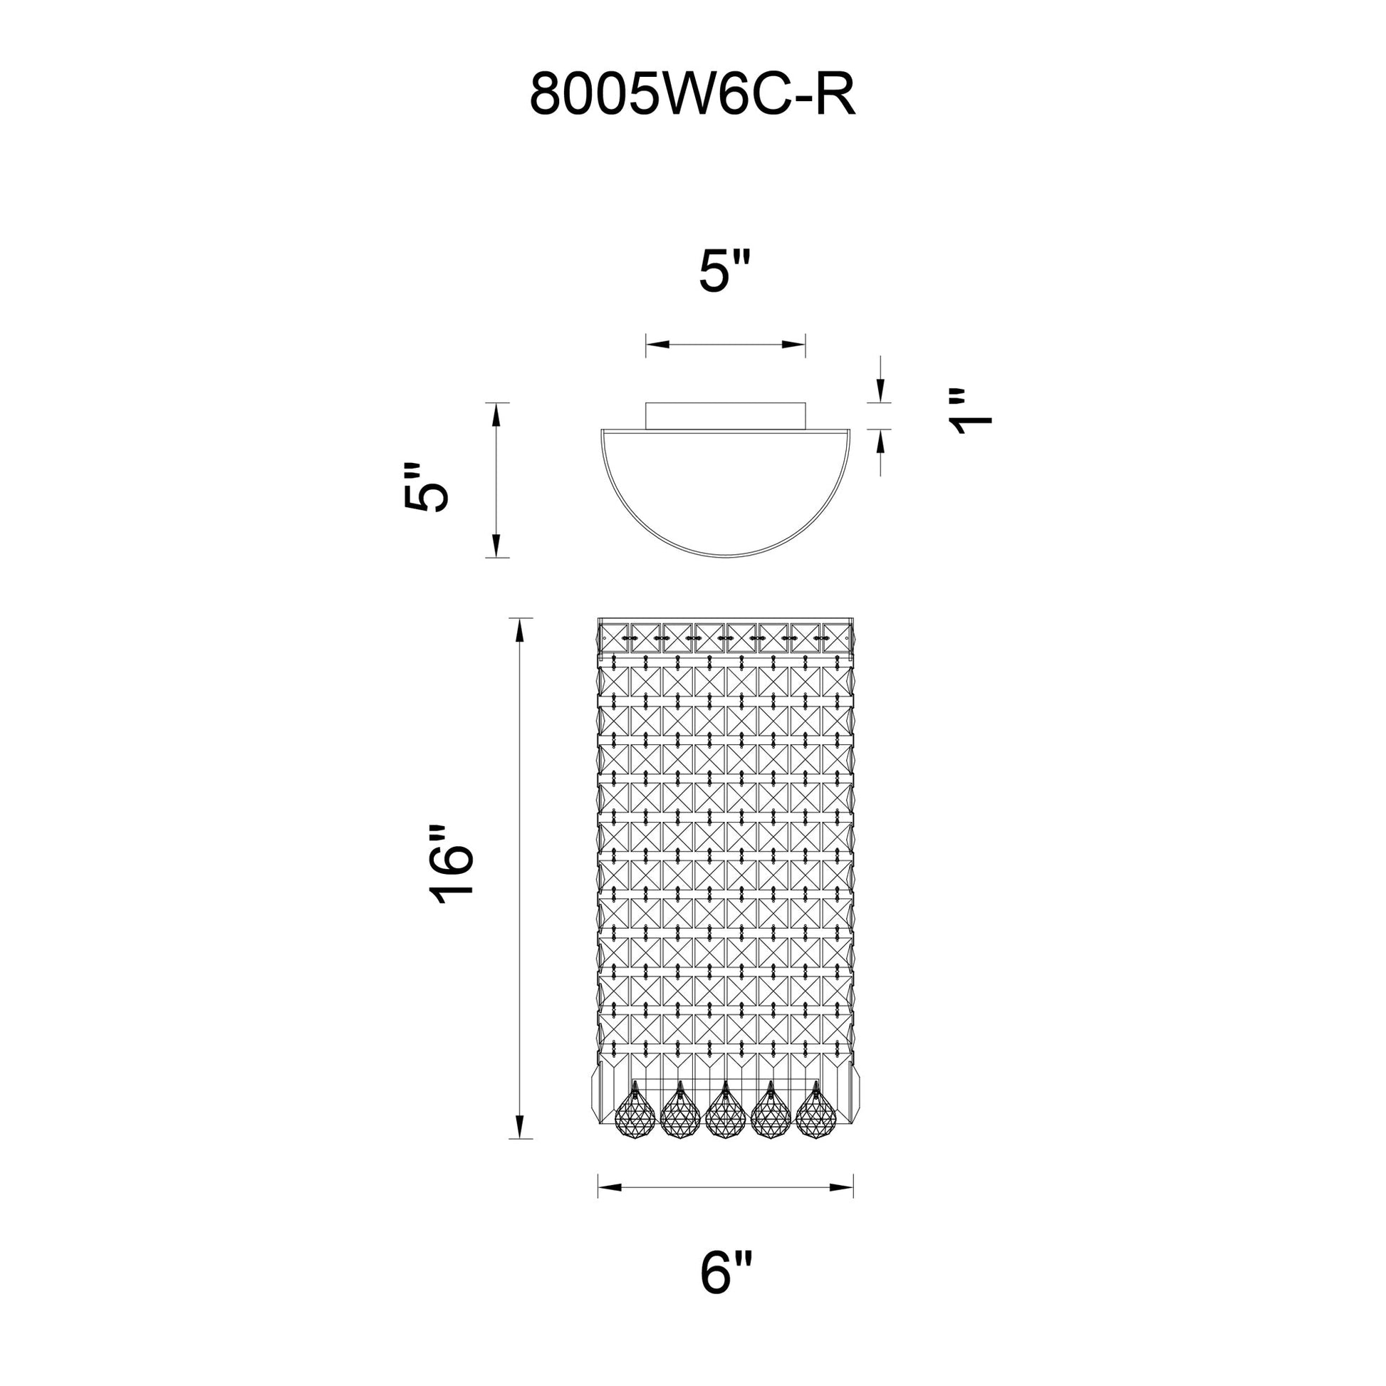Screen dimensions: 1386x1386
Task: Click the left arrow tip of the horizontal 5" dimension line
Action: (647, 345)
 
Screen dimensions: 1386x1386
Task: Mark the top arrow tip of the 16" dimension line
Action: (520, 618)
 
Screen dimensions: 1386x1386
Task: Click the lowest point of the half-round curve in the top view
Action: (726, 556)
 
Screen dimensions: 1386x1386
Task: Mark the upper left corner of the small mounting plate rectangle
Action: (647, 403)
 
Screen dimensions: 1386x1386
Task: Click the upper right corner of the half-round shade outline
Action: (851, 429)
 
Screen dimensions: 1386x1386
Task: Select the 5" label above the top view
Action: (724, 272)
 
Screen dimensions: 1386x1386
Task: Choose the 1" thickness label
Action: (971, 412)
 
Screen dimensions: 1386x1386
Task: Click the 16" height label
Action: (452, 866)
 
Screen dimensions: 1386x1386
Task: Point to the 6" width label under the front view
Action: (726, 1273)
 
